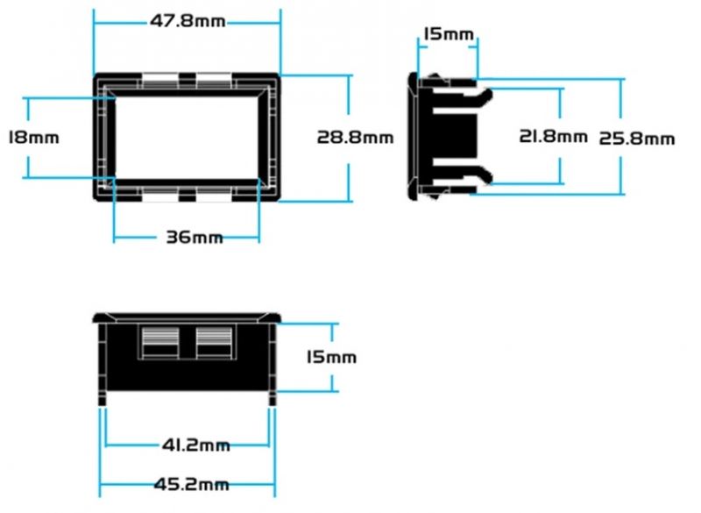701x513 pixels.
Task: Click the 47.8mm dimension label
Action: click(186, 21)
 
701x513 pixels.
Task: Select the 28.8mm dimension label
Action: click(355, 137)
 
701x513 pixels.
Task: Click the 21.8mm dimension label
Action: click(553, 136)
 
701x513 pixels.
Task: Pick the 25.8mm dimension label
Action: click(636, 138)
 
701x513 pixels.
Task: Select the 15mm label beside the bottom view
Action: click(331, 357)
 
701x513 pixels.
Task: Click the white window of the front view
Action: click(187, 136)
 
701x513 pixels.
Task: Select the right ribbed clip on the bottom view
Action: click(214, 342)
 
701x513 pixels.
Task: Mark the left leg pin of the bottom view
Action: click(103, 399)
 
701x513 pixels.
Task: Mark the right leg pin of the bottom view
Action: click(272, 399)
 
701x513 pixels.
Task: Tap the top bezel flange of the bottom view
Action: click(187, 316)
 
